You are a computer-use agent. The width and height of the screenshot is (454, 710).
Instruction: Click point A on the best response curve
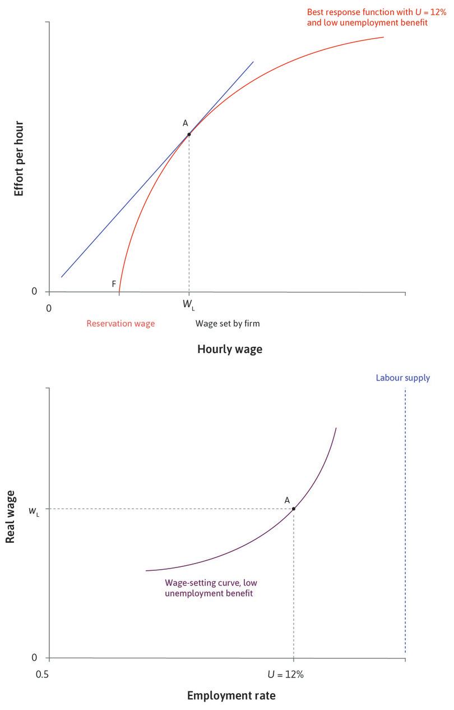point(189,134)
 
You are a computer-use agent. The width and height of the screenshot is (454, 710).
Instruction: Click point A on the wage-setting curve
point(293,509)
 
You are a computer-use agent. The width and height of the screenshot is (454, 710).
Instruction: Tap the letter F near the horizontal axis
point(114,284)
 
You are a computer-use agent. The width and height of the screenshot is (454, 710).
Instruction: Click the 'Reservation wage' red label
point(121,324)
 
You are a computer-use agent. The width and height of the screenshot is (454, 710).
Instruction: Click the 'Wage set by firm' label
point(228,324)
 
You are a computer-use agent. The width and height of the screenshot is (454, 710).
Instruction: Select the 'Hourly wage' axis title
point(229,349)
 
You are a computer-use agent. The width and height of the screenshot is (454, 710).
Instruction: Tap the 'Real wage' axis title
point(10,516)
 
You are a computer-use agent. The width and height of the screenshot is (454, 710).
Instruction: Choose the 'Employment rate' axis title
point(231,696)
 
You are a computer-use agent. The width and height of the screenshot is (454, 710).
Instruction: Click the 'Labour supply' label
point(402,378)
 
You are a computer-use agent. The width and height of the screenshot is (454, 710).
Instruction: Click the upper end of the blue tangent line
point(253,62)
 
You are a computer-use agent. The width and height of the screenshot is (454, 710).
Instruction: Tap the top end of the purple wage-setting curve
point(336,428)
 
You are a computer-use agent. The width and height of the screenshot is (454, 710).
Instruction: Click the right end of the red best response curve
point(383,37)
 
